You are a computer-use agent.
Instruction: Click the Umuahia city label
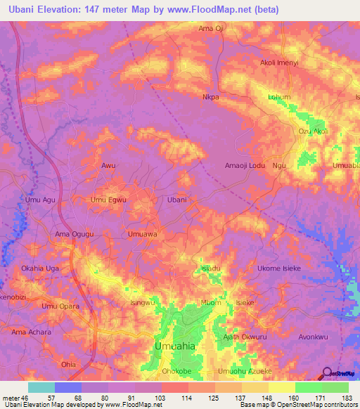click(x=175, y=347)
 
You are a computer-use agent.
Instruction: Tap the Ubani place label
click(x=176, y=200)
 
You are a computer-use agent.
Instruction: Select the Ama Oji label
click(x=210, y=28)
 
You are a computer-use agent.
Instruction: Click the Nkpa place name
click(x=211, y=98)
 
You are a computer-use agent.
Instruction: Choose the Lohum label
click(x=279, y=97)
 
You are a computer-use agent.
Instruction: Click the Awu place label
click(x=108, y=166)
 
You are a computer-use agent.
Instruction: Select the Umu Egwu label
click(x=108, y=200)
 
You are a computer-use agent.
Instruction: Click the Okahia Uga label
click(x=40, y=268)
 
